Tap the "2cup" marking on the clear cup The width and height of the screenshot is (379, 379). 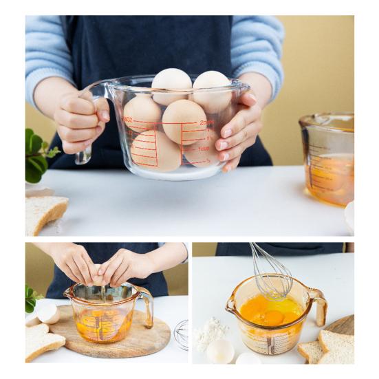click(x=207, y=122)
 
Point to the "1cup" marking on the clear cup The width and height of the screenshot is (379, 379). click(x=204, y=149)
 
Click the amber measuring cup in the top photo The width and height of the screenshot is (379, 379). click(x=327, y=158)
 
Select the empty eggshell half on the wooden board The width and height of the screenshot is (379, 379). click(x=47, y=314)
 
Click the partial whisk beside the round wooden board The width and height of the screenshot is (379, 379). click(x=181, y=334)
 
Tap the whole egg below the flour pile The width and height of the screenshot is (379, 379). click(x=220, y=351)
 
